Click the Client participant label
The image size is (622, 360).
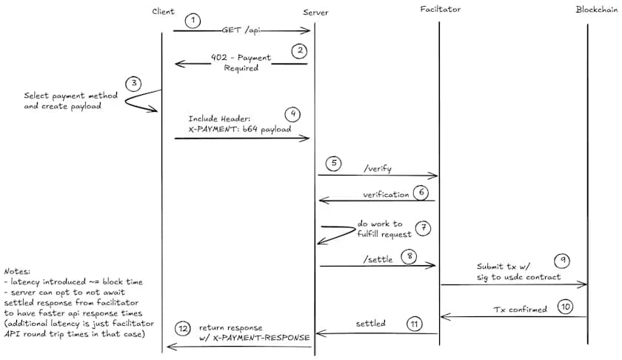(163, 11)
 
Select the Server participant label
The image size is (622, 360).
(316, 13)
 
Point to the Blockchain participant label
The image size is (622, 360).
(598, 10)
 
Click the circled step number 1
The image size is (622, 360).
(193, 20)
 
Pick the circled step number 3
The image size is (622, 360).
(133, 83)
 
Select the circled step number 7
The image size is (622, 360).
(423, 227)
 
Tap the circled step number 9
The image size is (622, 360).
(562, 261)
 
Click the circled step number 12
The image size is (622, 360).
(183, 328)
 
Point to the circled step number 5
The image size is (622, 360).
(333, 163)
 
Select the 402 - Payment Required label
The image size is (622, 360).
(241, 62)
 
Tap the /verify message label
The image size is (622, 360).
(378, 168)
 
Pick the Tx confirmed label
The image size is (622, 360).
(520, 309)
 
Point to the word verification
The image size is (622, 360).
(386, 194)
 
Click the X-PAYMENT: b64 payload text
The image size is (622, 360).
(240, 129)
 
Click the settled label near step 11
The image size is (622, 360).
(370, 324)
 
